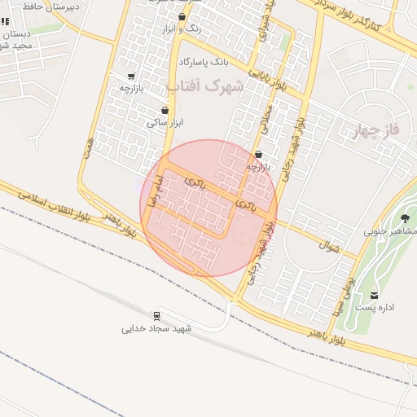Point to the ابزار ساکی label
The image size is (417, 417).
[x=163, y=122]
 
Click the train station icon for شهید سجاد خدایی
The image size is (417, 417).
[x=156, y=315]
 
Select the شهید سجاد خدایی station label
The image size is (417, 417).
[x=156, y=328]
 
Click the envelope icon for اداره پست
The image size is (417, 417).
[x=374, y=295]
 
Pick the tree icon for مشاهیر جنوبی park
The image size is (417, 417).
[x=405, y=217]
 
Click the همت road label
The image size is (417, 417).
[x=88, y=147]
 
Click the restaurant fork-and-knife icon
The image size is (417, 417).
[x=6, y=22]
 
